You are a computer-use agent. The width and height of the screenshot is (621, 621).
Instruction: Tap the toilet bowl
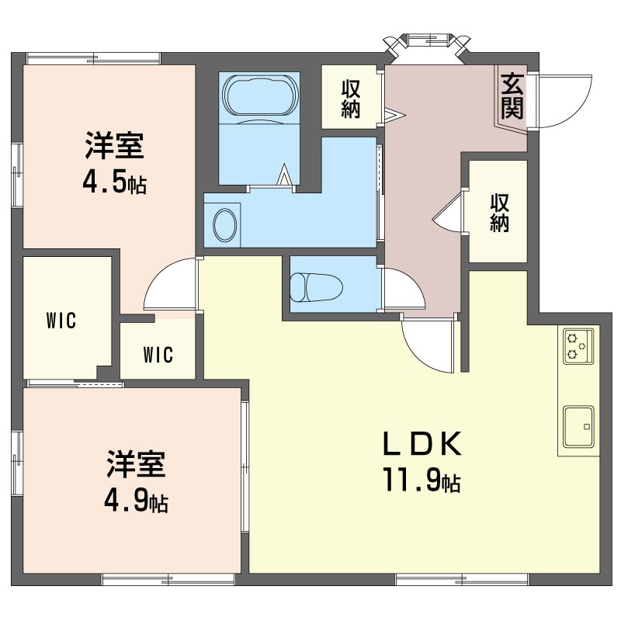[x=316, y=286]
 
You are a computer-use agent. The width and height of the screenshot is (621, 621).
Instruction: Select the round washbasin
[x=225, y=225]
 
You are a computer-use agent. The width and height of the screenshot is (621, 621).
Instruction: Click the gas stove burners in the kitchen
[x=578, y=345]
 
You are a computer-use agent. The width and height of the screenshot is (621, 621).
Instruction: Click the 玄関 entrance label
[x=512, y=95]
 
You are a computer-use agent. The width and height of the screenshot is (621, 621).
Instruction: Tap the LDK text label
[x=422, y=443]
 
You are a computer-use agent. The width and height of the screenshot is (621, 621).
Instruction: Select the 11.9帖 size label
[x=422, y=479]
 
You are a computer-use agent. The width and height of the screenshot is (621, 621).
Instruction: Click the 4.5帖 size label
[x=114, y=182]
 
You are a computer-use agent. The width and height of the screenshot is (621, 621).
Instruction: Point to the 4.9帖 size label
[x=136, y=501]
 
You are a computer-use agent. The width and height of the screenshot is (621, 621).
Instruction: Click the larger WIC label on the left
[x=61, y=321]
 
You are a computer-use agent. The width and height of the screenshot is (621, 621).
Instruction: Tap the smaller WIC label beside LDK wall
[x=158, y=355]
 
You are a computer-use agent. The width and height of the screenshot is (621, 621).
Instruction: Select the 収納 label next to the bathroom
[x=351, y=99]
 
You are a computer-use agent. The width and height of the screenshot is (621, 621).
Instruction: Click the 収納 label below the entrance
[x=499, y=213]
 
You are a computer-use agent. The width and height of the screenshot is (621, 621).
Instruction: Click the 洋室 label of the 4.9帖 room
[x=136, y=464]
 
